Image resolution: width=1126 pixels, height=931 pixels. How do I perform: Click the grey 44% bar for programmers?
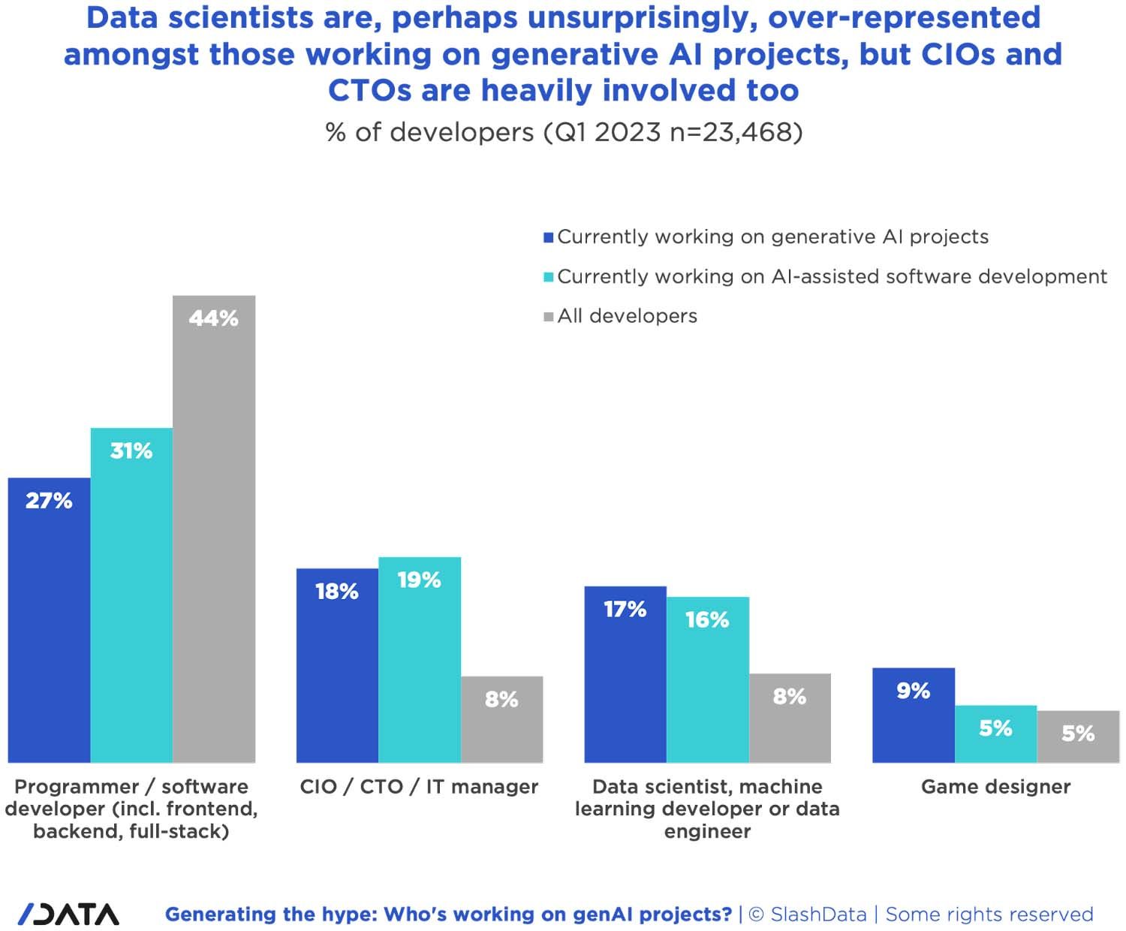[x=214, y=529]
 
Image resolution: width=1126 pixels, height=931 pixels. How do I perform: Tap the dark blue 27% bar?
[x=49, y=619]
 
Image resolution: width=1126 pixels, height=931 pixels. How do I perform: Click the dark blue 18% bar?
[x=337, y=665]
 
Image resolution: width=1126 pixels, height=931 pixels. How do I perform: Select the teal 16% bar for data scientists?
[x=707, y=679]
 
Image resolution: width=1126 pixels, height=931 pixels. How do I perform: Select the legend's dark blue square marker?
[x=549, y=238]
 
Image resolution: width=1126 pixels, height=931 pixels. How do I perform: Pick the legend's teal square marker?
[x=549, y=277]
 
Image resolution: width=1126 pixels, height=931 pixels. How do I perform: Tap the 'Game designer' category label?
[x=995, y=787]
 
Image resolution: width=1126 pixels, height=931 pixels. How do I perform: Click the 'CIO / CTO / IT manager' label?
[x=419, y=787]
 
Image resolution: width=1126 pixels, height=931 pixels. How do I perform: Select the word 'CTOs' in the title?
[x=370, y=91]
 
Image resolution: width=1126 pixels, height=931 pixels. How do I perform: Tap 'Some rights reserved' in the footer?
[x=989, y=914]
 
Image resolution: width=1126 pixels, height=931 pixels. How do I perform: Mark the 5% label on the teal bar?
[x=995, y=728]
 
